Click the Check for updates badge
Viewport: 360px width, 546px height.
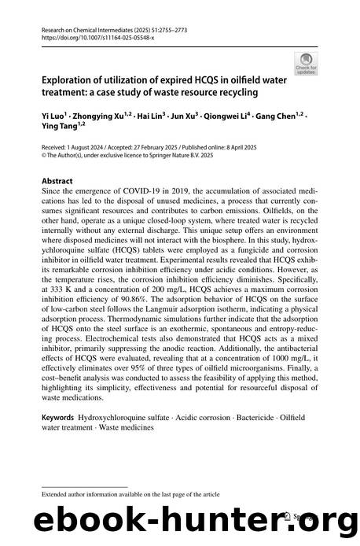coord(303,61)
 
